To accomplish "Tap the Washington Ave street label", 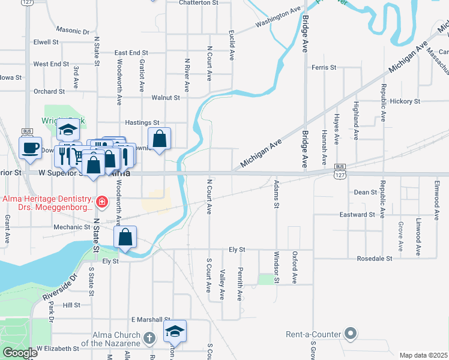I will (277, 18).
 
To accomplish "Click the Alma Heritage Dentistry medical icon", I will (102, 202).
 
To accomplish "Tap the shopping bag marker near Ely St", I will (125, 238).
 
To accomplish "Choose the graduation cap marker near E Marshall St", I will (175, 331).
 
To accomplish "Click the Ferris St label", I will (324, 68).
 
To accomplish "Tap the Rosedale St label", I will (374, 259).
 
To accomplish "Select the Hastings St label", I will (142, 122).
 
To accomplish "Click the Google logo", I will (20, 353).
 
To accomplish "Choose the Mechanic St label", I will (71, 227).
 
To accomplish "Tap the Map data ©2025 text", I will (423, 355).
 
